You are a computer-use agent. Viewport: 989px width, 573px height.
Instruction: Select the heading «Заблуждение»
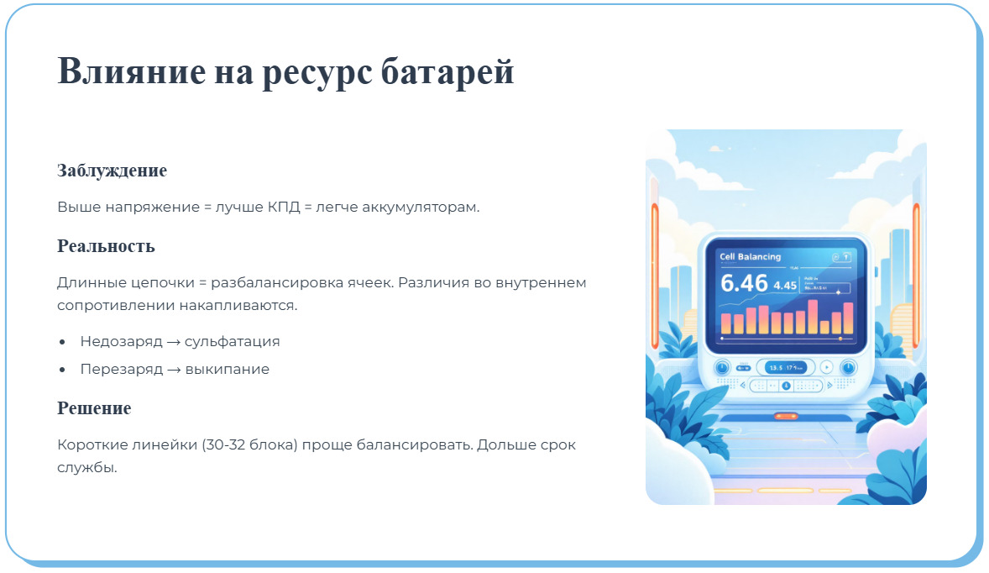pos(112,171)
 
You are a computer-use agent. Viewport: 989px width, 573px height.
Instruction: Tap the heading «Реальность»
pos(106,246)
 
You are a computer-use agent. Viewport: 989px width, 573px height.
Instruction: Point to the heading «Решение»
pos(94,408)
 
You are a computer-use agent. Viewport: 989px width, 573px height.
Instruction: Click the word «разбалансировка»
pos(273,282)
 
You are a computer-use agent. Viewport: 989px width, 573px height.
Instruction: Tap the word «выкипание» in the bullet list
pos(227,369)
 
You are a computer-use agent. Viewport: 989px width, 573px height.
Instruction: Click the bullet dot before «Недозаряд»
pos(63,343)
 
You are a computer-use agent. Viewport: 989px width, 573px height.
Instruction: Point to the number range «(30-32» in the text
pos(222,444)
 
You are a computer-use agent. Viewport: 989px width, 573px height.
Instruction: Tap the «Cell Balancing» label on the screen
pos(750,257)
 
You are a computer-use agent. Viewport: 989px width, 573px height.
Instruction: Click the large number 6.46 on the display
pos(744,283)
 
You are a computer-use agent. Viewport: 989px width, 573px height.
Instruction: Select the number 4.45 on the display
pos(785,286)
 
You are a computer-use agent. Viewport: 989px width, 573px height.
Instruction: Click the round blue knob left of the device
pos(721,367)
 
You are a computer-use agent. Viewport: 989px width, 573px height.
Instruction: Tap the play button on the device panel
pos(826,367)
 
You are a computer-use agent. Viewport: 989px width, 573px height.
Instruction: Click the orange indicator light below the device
pos(786,416)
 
